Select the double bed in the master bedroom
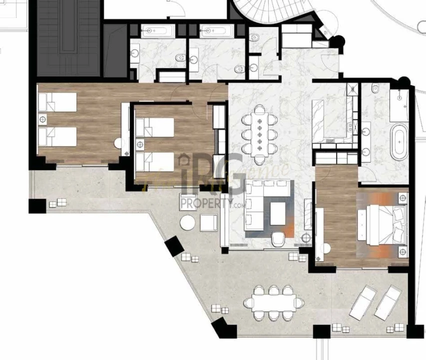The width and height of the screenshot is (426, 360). pyautogui.click(x=386, y=225)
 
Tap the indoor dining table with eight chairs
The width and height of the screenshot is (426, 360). pyautogui.click(x=259, y=133)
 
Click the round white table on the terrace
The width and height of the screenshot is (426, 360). pyautogui.click(x=188, y=222)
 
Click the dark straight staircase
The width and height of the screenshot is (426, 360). pyautogui.click(x=69, y=35)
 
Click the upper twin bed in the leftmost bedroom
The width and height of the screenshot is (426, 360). pyautogui.click(x=57, y=102)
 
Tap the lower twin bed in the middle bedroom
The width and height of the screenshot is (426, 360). pyautogui.click(x=154, y=161)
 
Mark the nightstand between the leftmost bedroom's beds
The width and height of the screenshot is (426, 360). pyautogui.click(x=43, y=120)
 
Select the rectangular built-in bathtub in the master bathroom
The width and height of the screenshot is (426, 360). pyautogui.click(x=399, y=106)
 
